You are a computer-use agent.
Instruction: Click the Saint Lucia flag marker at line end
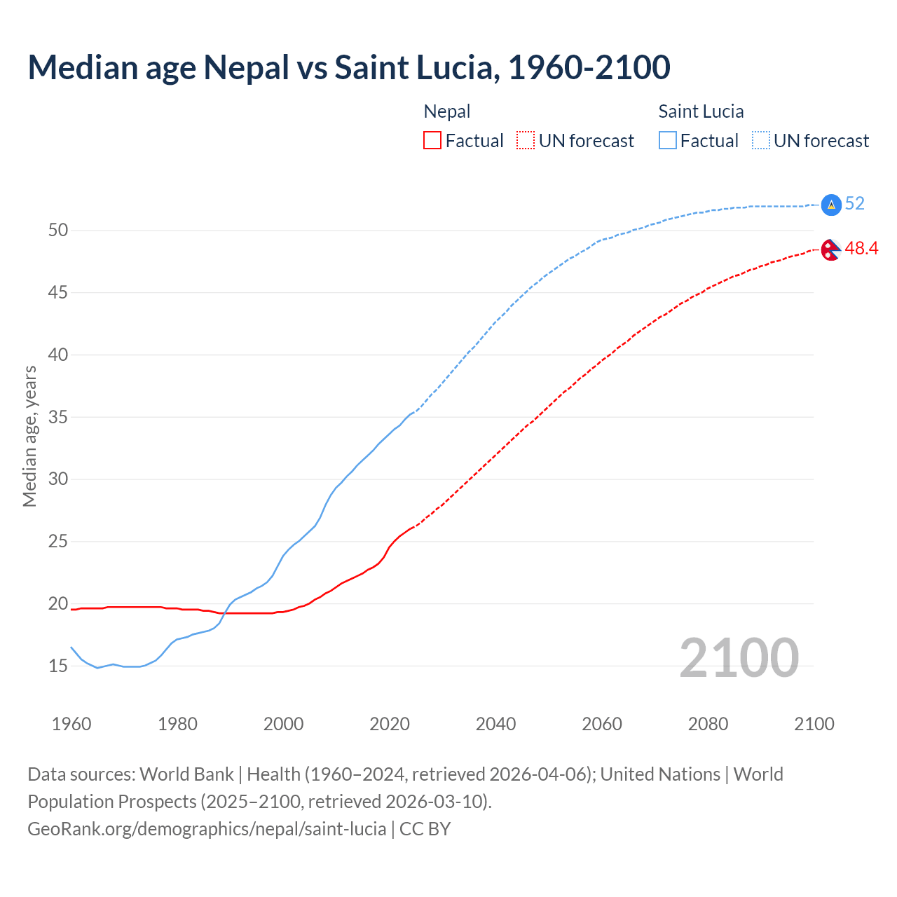pyautogui.click(x=830, y=204)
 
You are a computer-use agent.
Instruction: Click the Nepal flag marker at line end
pyautogui.click(x=830, y=249)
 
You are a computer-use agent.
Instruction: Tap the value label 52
pyautogui.click(x=854, y=204)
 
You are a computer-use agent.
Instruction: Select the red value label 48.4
pyautogui.click(x=861, y=249)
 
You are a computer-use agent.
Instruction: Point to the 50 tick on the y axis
pyautogui.click(x=58, y=231)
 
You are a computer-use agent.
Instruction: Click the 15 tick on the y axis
pyautogui.click(x=58, y=666)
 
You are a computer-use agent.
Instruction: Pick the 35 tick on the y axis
pyautogui.click(x=58, y=417)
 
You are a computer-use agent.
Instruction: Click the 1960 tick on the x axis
pyautogui.click(x=71, y=724)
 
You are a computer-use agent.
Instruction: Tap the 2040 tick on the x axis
pyautogui.click(x=495, y=724)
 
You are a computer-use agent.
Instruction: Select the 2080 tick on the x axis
pyautogui.click(x=708, y=724)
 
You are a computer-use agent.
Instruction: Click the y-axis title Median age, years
pyautogui.click(x=29, y=436)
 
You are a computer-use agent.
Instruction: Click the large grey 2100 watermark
pyautogui.click(x=739, y=657)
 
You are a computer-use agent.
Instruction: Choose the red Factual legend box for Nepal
pyautogui.click(x=432, y=141)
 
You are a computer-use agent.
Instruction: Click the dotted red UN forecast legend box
pyautogui.click(x=526, y=141)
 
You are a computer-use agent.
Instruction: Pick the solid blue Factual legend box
pyautogui.click(x=668, y=141)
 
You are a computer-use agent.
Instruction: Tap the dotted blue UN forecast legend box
pyautogui.click(x=761, y=141)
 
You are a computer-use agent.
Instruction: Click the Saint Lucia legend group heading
pyautogui.click(x=701, y=111)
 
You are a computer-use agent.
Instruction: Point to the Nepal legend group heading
pyautogui.click(x=447, y=111)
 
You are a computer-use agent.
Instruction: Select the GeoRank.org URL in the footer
pyautogui.click(x=207, y=829)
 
